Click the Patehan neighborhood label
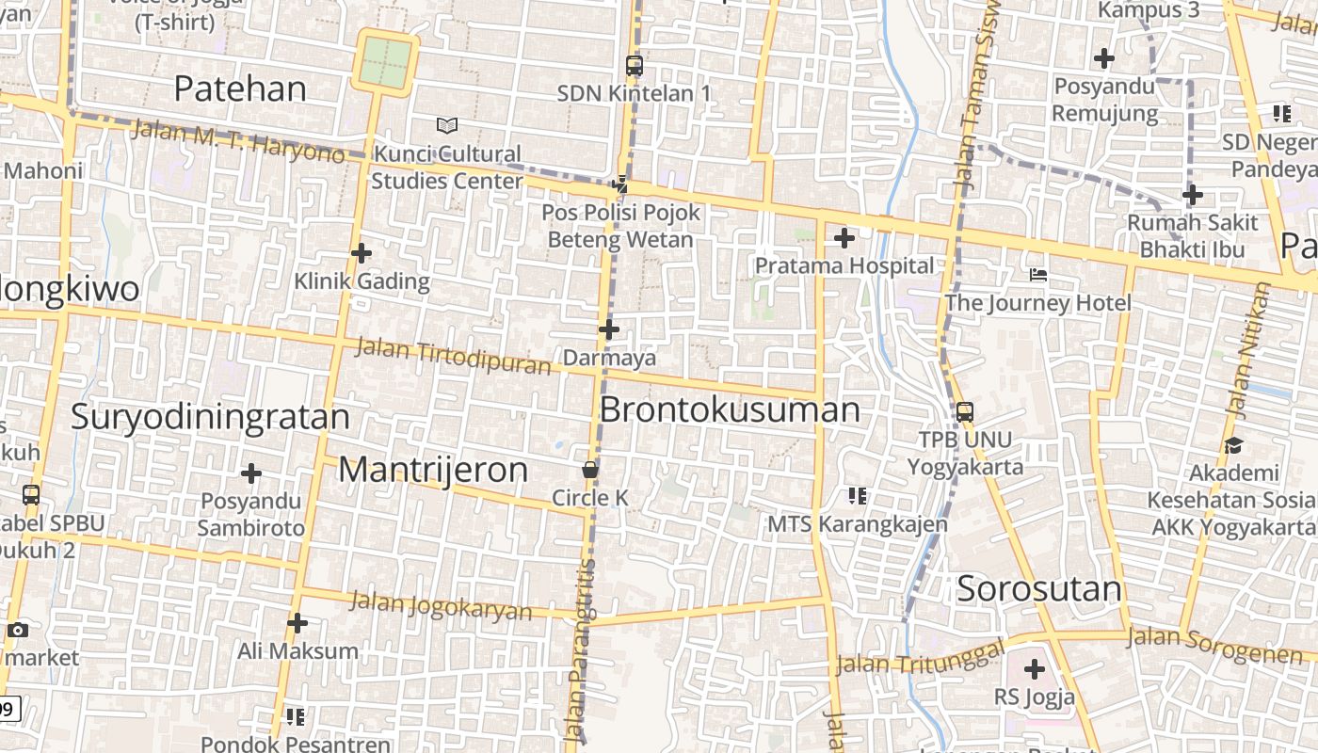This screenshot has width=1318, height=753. click(x=240, y=88)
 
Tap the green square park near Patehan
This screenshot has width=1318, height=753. click(x=386, y=61)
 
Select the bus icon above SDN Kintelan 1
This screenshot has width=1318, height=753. click(x=635, y=66)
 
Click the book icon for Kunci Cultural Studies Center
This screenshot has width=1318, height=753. click(x=447, y=125)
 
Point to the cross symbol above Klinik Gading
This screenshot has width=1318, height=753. click(x=362, y=253)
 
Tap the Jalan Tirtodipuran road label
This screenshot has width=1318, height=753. click(x=453, y=356)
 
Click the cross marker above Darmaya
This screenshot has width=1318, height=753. click(x=609, y=329)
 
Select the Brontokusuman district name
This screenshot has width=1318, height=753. click(x=730, y=409)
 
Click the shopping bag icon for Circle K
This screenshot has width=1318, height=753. click(x=590, y=469)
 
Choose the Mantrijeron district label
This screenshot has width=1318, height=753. click(x=433, y=469)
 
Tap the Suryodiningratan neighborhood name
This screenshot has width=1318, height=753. click(x=210, y=416)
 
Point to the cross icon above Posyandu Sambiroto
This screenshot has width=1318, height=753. click(x=251, y=473)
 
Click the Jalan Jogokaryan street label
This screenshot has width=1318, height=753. click(x=442, y=605)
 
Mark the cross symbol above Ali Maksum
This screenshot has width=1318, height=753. click(x=297, y=623)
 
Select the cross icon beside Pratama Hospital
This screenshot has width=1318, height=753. click(x=844, y=238)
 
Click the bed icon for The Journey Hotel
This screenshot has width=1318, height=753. click(x=1038, y=275)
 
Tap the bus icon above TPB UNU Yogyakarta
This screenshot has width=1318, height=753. click(x=965, y=411)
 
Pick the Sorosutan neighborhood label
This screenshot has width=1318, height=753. click(x=1039, y=589)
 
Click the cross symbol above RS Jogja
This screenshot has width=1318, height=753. click(x=1035, y=670)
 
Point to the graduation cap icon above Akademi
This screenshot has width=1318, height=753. click(x=1233, y=445)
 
